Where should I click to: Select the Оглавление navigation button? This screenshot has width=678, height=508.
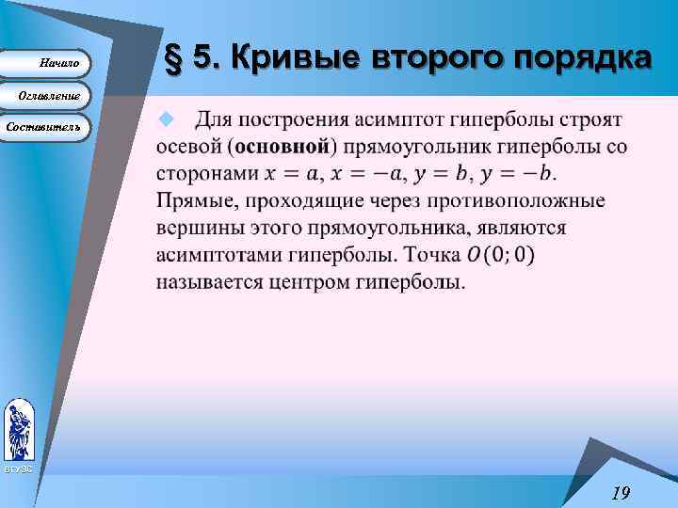tap(46, 96)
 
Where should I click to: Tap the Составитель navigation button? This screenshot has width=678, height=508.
tap(46, 126)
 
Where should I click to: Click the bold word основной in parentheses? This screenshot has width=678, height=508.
tap(282, 148)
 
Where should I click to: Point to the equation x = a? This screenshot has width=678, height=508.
tap(296, 174)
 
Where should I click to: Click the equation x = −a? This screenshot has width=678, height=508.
tap(374, 174)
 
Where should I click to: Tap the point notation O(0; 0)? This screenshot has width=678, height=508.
tap(500, 255)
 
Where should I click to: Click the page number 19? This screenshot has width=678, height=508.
tap(620, 492)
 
